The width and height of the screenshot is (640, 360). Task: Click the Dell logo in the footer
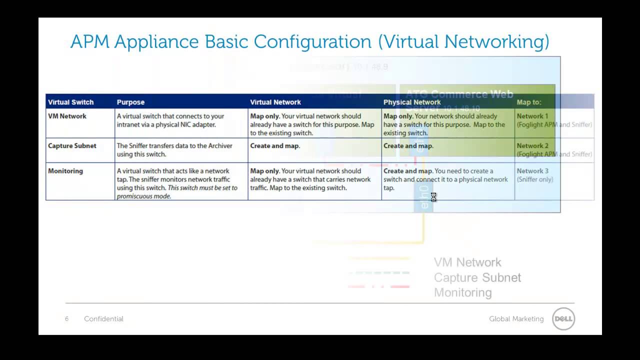pos(563,319)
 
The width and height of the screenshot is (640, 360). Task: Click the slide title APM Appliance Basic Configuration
pos(309,41)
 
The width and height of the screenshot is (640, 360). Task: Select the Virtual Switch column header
pos(70,102)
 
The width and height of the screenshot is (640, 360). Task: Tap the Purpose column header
pos(130,102)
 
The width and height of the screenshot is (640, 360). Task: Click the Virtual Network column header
pos(275,102)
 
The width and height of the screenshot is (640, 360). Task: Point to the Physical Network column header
pos(412,102)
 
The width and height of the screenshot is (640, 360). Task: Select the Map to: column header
pos(529,102)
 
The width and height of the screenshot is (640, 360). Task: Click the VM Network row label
pos(67,116)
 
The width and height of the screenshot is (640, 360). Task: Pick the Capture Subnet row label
pos(72,146)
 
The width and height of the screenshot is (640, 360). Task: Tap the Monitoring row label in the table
pos(65,171)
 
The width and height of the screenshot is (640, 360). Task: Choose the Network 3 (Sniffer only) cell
pos(534,175)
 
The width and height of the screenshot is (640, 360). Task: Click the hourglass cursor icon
pos(433,197)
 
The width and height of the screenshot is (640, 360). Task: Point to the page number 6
pos(66,319)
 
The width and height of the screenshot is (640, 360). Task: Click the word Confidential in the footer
pos(103,319)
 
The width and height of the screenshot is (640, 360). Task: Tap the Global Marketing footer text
pos(516,319)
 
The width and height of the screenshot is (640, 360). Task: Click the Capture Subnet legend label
pos(477,277)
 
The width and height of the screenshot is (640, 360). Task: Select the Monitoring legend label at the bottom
pos(462,292)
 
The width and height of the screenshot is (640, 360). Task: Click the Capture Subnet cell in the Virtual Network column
pos(275,146)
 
